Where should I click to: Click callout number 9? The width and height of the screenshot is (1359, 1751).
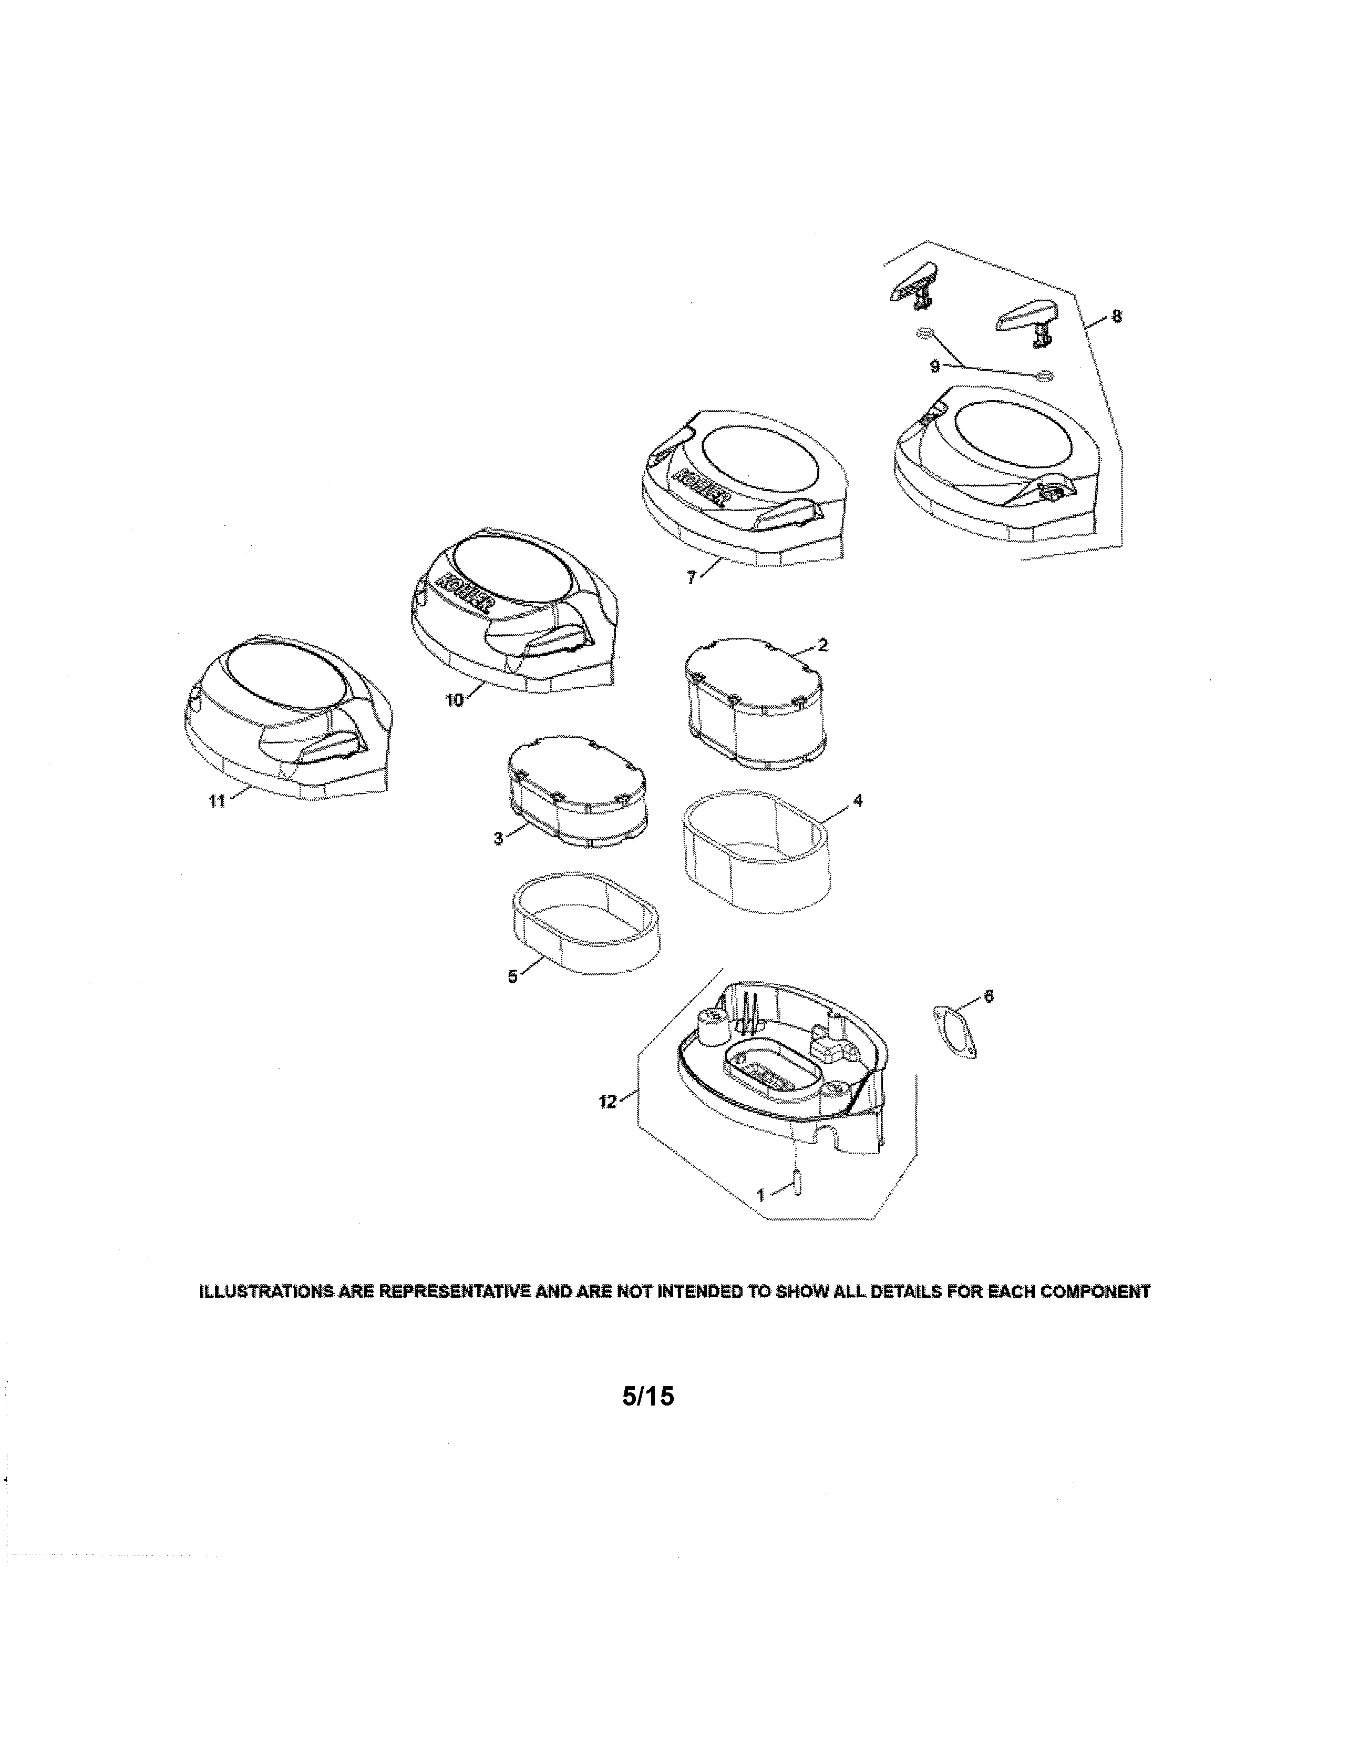click(x=935, y=367)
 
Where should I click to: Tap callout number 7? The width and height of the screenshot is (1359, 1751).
click(x=692, y=577)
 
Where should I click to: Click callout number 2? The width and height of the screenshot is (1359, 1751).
click(x=823, y=645)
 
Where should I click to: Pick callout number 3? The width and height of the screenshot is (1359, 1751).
click(x=498, y=839)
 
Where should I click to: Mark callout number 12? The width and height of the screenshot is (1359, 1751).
click(x=608, y=1102)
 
